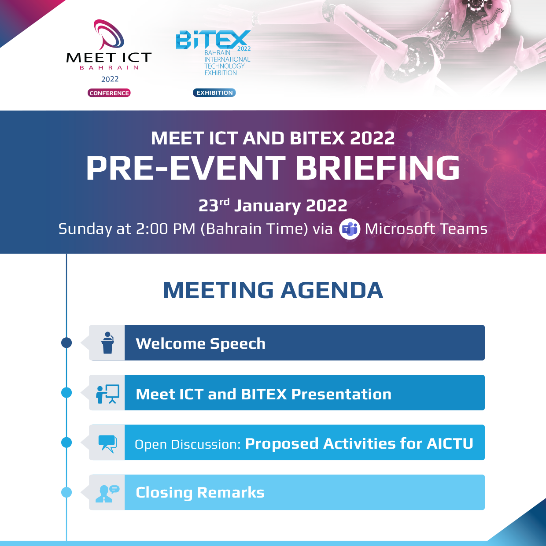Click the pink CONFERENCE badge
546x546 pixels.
(x=109, y=93)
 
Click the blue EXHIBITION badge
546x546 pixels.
(x=214, y=92)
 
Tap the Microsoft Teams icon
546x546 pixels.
(x=350, y=229)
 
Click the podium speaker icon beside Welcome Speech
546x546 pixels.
(x=107, y=343)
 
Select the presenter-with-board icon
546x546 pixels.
(x=107, y=393)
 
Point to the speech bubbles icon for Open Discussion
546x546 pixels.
(x=107, y=443)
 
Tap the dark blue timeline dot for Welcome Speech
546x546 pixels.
(x=66, y=343)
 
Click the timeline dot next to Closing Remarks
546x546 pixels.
(x=66, y=492)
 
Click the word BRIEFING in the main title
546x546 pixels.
(x=377, y=168)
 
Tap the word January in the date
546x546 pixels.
(x=267, y=206)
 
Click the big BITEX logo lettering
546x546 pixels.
(x=213, y=40)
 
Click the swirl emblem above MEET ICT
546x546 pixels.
(x=109, y=34)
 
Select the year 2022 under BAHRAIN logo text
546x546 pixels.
(x=110, y=79)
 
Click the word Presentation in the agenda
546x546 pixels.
(x=341, y=394)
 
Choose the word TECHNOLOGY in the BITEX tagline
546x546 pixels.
(x=224, y=66)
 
